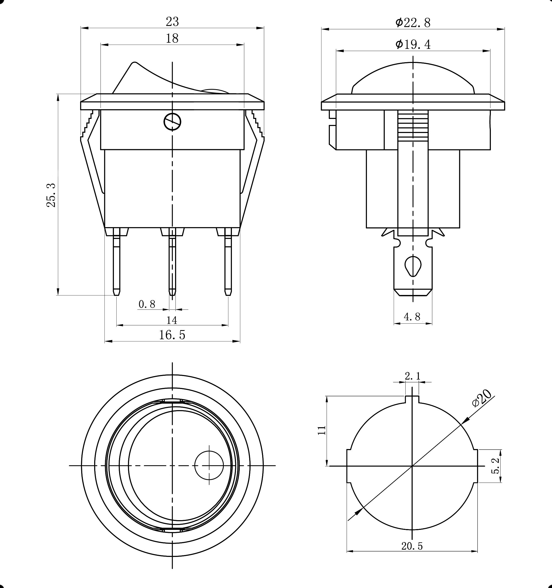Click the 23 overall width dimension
click(x=172, y=22)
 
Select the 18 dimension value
click(x=172, y=38)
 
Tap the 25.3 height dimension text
click(x=51, y=195)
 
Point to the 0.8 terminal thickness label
click(x=147, y=304)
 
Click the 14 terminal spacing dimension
click(x=172, y=320)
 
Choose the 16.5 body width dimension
click(x=172, y=335)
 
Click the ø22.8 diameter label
click(x=413, y=23)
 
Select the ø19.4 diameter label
click(x=413, y=44)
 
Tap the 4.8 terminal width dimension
click(x=412, y=317)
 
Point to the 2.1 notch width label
click(x=412, y=376)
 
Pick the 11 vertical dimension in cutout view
click(x=322, y=430)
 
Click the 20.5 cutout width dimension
click(x=412, y=546)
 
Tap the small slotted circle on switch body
click(x=172, y=122)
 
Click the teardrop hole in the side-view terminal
click(x=413, y=265)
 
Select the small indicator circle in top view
click(x=209, y=465)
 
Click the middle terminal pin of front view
click(x=172, y=260)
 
